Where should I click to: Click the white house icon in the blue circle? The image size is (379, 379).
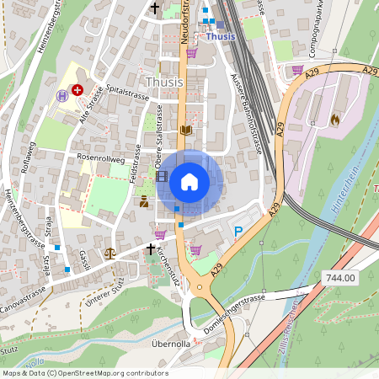click(x=189, y=180)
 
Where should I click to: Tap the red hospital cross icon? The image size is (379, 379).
click(x=77, y=88)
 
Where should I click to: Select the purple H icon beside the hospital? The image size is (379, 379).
click(x=61, y=96)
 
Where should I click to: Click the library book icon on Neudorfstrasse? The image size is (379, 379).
click(x=185, y=130)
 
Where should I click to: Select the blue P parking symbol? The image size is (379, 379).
click(x=238, y=231)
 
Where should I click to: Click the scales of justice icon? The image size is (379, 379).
click(x=109, y=252)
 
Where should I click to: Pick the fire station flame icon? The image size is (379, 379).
click(x=334, y=120)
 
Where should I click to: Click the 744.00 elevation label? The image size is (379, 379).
click(x=339, y=277)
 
